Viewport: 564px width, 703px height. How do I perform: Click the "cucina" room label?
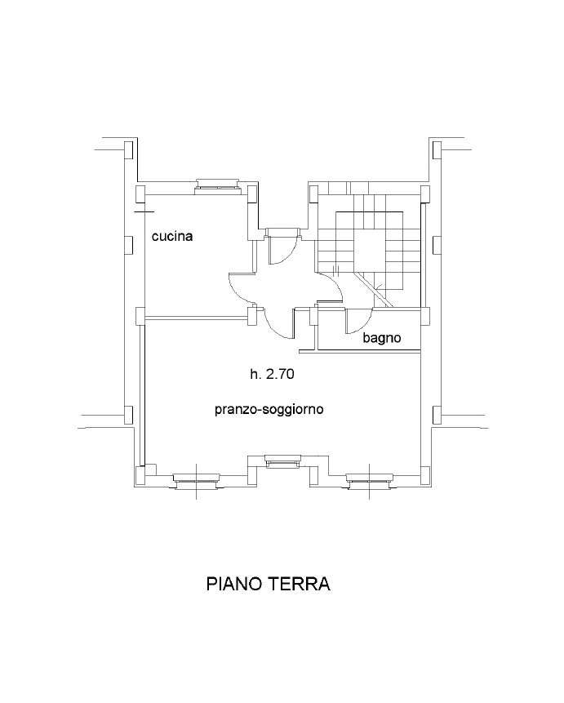coord(172,236)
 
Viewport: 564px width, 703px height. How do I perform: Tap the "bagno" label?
coord(381,338)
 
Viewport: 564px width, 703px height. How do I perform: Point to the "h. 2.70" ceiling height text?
coord(272,373)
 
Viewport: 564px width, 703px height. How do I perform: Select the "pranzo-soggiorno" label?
coord(269,410)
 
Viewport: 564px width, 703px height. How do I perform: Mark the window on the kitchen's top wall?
coord(219,186)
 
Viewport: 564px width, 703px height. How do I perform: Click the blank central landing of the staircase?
coord(371,247)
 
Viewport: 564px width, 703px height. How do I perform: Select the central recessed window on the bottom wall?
coord(282,461)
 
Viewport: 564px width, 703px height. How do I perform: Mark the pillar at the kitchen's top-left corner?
coord(140,194)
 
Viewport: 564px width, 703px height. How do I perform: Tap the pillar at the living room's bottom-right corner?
coord(425,474)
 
